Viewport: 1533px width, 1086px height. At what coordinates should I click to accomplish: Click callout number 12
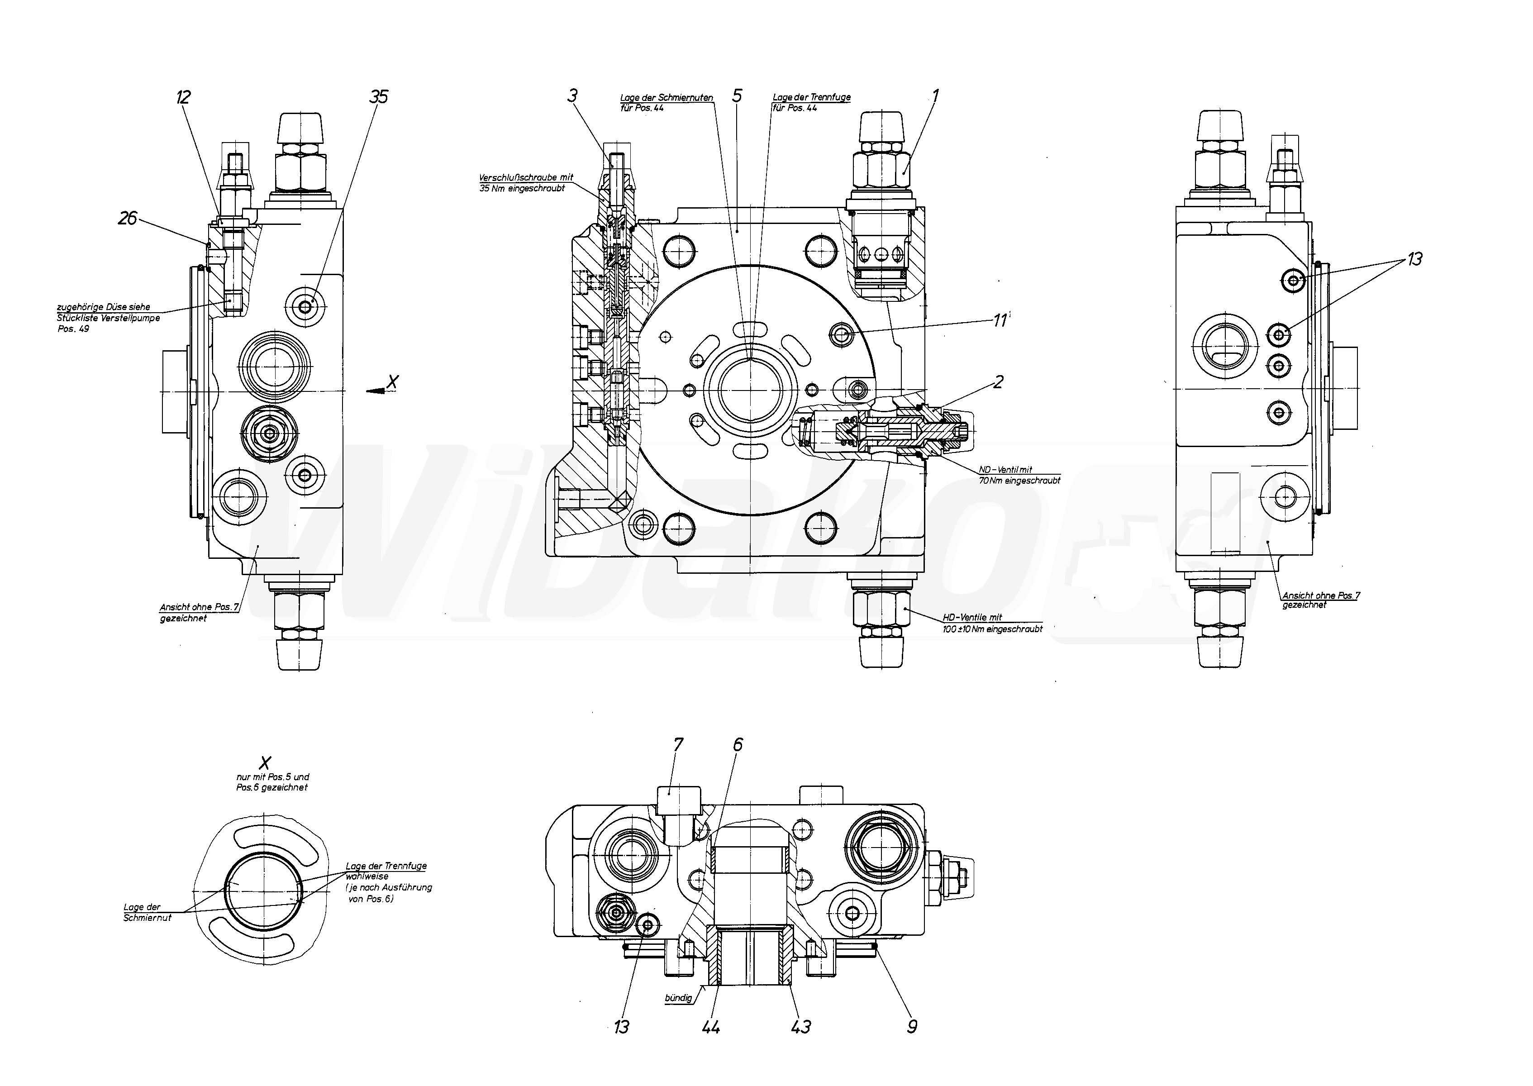pyautogui.click(x=183, y=98)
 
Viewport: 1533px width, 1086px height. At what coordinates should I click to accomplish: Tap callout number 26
pyautogui.click(x=127, y=218)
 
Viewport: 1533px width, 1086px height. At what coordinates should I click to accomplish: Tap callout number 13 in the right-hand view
pyautogui.click(x=1414, y=259)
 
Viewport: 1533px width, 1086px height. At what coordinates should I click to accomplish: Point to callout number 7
pyautogui.click(x=679, y=745)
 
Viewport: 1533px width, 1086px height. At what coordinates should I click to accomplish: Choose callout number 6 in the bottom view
pyautogui.click(x=738, y=745)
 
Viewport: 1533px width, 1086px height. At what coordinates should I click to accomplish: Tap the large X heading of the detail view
pyautogui.click(x=266, y=762)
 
